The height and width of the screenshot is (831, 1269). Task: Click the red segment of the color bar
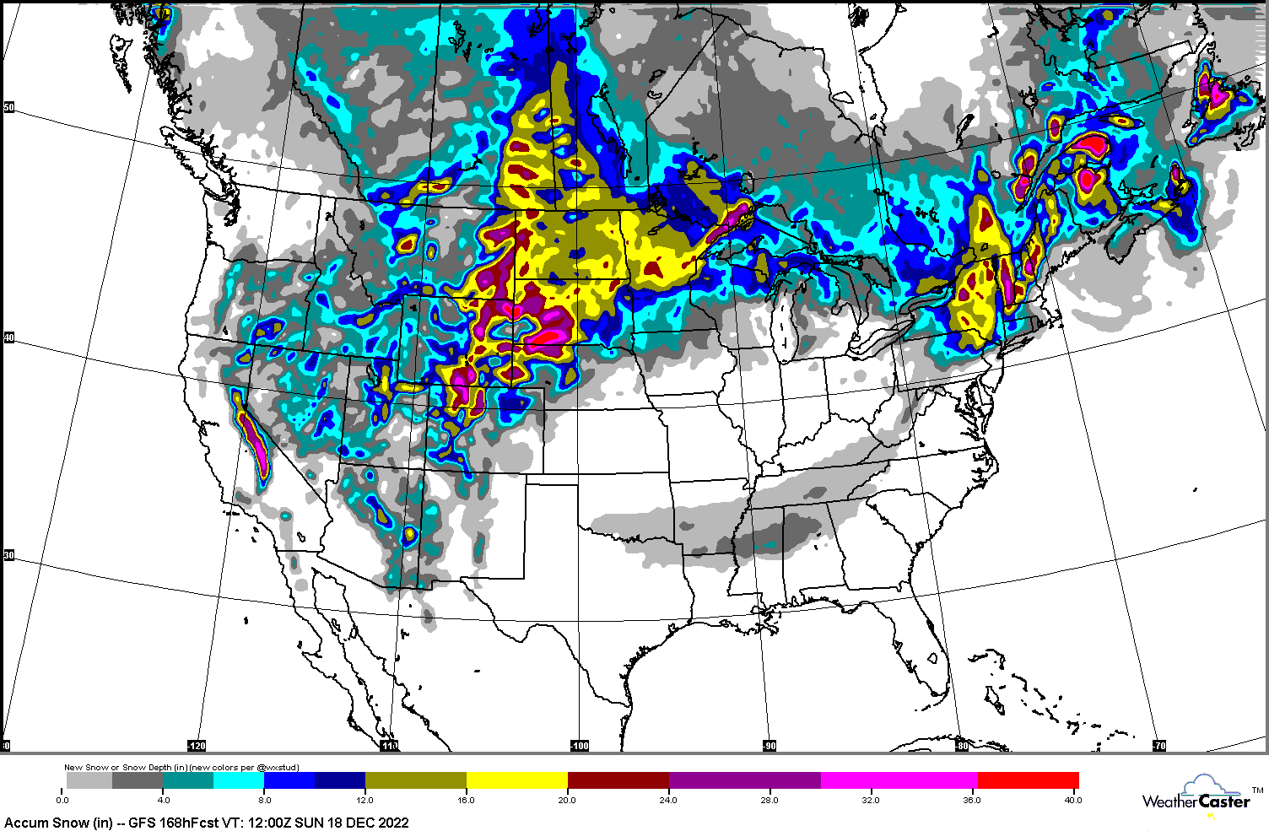pyautogui.click(x=1028, y=780)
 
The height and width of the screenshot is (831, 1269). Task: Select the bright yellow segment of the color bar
pyautogui.click(x=516, y=780)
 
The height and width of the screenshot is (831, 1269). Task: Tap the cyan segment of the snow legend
pyautogui.click(x=239, y=780)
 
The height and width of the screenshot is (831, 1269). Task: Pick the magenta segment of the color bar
pyautogui.click(x=899, y=780)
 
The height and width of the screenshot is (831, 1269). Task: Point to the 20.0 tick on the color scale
pyautogui.click(x=567, y=800)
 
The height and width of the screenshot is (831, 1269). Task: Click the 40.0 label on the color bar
pyautogui.click(x=1072, y=800)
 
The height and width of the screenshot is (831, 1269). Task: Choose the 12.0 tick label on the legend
pyautogui.click(x=365, y=800)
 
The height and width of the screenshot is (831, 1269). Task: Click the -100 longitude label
pyautogui.click(x=579, y=746)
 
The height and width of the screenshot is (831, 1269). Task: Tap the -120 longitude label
pyautogui.click(x=196, y=746)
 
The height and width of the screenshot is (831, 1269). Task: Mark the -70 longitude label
pyautogui.click(x=1159, y=746)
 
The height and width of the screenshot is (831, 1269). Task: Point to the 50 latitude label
pyautogui.click(x=8, y=107)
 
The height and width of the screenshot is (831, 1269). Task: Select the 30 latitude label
pyautogui.click(x=8, y=555)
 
